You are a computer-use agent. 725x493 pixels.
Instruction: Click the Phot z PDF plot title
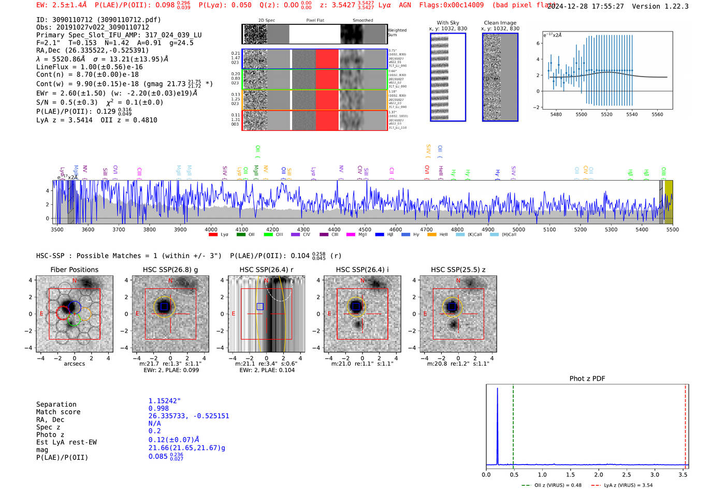[x=587, y=379]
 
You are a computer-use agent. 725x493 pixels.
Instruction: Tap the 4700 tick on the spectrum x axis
[x=426, y=229]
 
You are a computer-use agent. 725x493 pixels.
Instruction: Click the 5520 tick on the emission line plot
[x=606, y=114]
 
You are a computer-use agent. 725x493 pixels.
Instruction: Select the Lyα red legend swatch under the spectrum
[x=213, y=235]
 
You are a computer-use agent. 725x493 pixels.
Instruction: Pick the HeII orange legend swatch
[x=432, y=235]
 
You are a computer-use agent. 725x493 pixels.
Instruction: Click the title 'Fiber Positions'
[x=74, y=270]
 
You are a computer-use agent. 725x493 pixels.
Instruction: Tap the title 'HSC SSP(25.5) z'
[x=458, y=270]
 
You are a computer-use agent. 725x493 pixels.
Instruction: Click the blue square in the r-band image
[x=260, y=306]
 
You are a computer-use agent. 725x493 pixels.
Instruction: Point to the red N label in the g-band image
[x=170, y=281]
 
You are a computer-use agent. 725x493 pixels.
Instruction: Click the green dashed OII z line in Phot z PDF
[x=513, y=424]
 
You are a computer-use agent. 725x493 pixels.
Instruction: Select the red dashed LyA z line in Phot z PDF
[x=685, y=424]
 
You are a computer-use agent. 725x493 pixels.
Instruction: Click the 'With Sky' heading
[x=448, y=23]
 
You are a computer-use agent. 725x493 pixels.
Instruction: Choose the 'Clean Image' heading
[x=500, y=23]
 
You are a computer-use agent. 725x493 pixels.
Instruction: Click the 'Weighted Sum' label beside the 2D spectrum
[x=397, y=32]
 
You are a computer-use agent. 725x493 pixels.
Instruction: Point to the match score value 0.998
[x=158, y=408]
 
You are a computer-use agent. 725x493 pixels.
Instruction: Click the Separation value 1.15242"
[x=164, y=401]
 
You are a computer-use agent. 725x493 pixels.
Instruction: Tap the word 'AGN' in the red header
[x=405, y=5]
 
